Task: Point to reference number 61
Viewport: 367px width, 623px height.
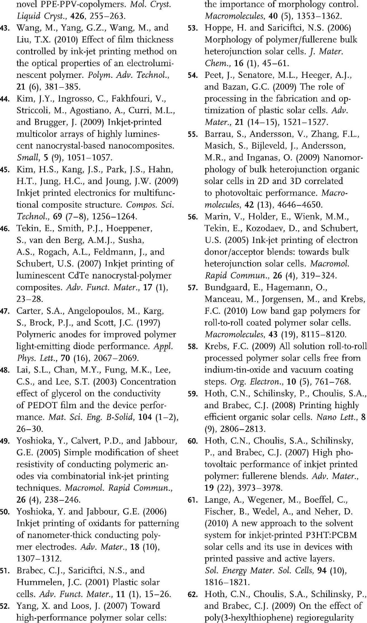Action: (192, 500)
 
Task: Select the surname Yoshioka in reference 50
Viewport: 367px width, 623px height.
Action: (35, 512)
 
